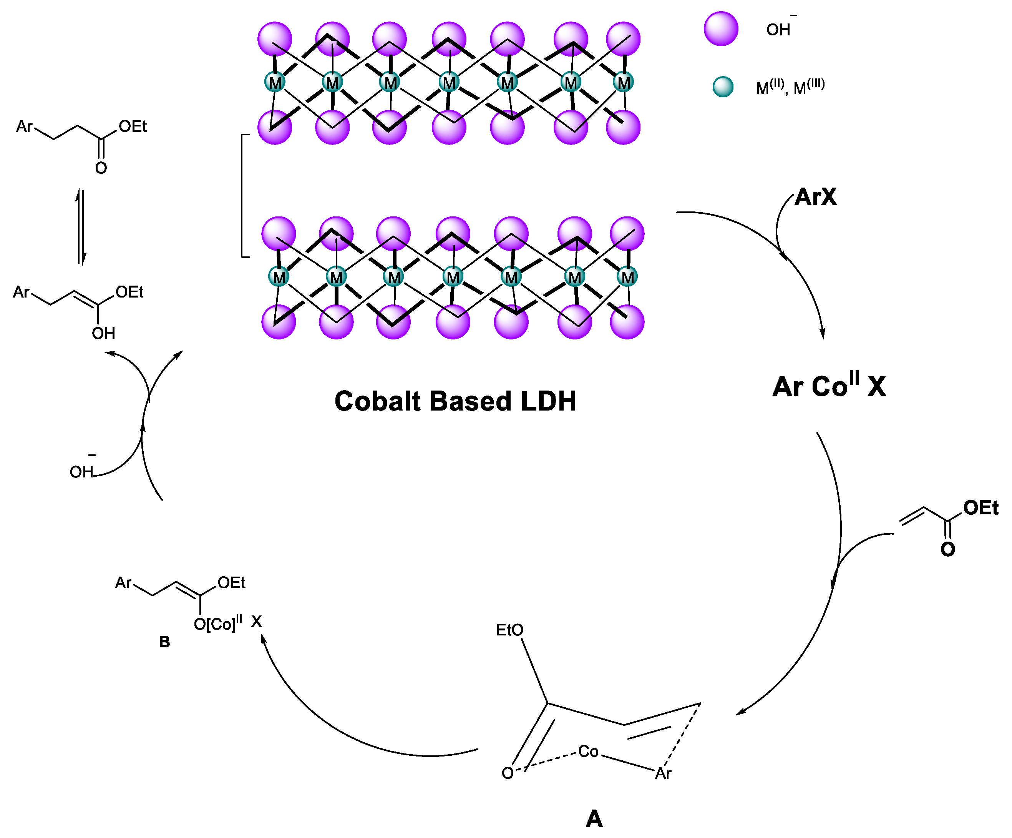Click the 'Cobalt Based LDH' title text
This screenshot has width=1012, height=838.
tap(455, 401)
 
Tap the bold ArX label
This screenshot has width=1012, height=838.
tap(815, 197)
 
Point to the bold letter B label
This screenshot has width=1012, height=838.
tap(164, 642)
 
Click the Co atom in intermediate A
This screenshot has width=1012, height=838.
tap(588, 751)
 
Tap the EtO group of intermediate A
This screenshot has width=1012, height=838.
tap(509, 630)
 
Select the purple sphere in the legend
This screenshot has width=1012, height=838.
tap(721, 29)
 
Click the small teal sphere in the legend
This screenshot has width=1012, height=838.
tap(723, 87)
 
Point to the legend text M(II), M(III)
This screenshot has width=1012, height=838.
tap(790, 88)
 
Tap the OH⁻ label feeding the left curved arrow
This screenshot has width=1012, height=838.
tap(82, 471)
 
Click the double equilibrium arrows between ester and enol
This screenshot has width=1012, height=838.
tap(82, 227)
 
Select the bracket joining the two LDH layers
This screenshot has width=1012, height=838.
tap(243, 196)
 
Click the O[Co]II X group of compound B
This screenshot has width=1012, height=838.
tap(227, 624)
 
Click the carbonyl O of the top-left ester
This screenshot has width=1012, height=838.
tap(101, 168)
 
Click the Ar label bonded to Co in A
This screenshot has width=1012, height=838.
tap(663, 773)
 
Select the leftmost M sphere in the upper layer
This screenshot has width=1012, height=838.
tap(275, 82)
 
